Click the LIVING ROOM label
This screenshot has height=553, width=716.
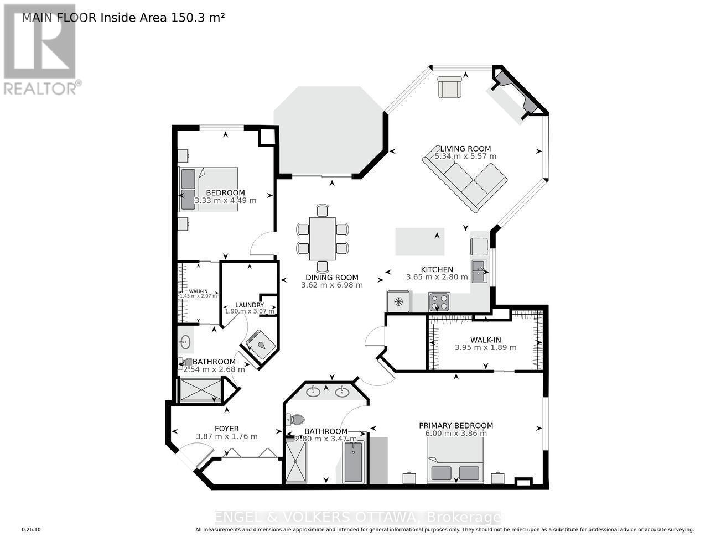pos(465,148)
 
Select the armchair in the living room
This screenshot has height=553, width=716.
pos(449,87)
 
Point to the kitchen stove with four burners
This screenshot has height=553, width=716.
pos(439,302)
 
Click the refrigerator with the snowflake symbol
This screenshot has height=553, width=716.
pos(398,302)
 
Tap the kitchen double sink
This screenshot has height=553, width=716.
pos(479,271)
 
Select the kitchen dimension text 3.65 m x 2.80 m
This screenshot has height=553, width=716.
pos(437,277)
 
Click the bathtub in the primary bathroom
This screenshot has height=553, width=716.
pos(353,462)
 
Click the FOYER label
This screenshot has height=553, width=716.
pos(226,429)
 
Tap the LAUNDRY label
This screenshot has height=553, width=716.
pos(249,305)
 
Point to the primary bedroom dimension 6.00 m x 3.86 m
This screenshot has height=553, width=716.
pos(455,433)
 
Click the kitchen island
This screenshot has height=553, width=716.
pos(420,242)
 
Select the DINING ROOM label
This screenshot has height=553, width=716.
pos(332,278)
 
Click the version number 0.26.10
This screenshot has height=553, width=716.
pos(31,530)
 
